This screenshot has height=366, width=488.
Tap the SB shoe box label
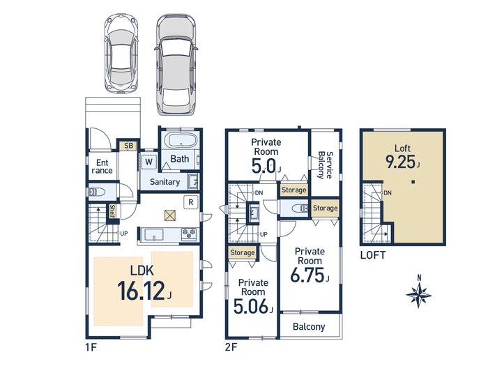point(128,146)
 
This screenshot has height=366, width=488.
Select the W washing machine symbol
point(148,162)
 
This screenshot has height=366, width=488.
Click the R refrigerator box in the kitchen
point(191,202)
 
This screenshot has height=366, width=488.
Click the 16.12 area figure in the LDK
point(141,291)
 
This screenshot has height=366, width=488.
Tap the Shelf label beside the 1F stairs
point(112,211)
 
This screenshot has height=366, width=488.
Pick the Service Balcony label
point(326,165)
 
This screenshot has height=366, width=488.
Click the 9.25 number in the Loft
point(400,162)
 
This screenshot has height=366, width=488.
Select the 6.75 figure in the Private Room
point(307,275)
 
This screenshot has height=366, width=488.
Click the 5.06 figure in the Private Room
point(250,306)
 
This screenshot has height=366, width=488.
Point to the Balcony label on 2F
point(309,327)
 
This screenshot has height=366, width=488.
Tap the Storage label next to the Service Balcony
point(326,208)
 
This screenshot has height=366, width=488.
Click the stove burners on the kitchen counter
point(189,234)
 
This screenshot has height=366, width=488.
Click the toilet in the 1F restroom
point(97,192)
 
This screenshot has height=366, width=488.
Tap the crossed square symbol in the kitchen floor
point(169,215)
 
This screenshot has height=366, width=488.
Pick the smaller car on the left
point(121,54)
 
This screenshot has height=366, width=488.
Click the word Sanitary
point(165,182)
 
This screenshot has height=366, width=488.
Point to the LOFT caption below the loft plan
point(373,255)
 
